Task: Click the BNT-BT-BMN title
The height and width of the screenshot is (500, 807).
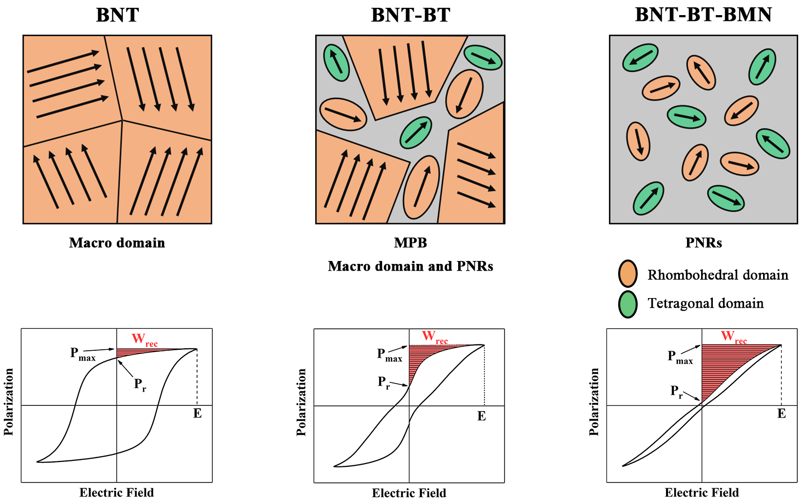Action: [x=703, y=15]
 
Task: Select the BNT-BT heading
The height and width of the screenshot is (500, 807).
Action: [x=410, y=15]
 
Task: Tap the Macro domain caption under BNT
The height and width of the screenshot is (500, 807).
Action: [x=117, y=243]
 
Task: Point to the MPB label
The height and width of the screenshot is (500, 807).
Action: [x=410, y=242]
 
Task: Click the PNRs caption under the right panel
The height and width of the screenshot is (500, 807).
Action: [x=703, y=242]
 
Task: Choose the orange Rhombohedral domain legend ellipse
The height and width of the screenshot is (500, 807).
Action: [x=628, y=274]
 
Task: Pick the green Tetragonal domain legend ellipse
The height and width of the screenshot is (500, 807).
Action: [x=628, y=304]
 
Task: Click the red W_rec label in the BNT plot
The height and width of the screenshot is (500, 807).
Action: [x=144, y=340]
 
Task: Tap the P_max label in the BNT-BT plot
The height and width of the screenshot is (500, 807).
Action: [x=389, y=355]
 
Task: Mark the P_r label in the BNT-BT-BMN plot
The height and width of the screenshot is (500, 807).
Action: [x=676, y=391]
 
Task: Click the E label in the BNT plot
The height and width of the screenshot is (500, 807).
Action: [x=197, y=414]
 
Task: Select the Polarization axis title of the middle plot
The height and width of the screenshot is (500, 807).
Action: [x=302, y=402]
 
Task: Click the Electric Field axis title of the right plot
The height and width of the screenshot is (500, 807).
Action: [x=702, y=493]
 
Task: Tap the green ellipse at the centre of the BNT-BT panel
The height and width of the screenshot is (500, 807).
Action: [x=416, y=133]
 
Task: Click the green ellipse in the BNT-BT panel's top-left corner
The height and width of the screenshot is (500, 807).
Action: [x=337, y=63]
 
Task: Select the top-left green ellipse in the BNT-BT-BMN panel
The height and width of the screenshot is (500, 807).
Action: [x=640, y=58]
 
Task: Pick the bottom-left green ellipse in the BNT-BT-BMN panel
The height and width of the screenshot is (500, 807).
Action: [x=648, y=199]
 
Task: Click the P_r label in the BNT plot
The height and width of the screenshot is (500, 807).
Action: [x=140, y=385]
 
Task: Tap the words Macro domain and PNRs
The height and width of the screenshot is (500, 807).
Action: [x=410, y=266]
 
